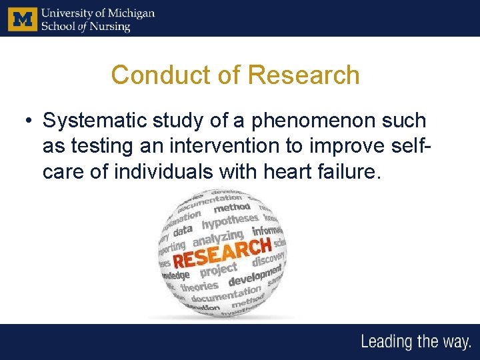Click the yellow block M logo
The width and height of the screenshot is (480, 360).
(22, 19)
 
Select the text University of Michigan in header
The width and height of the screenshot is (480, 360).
(97, 13)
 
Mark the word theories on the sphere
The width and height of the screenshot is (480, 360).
(199, 287)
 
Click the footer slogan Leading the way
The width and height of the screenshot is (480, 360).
(415, 342)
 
